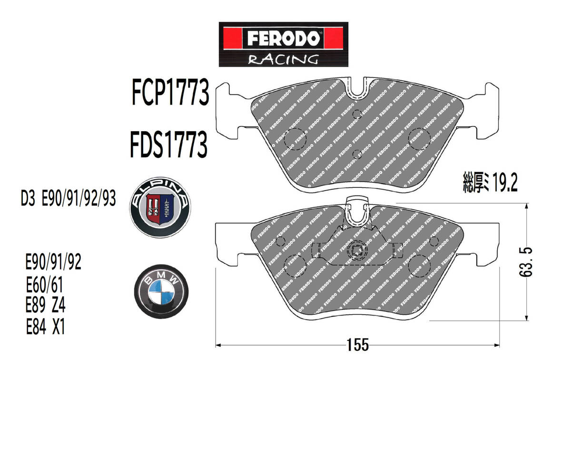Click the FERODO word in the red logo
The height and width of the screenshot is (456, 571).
[284, 39]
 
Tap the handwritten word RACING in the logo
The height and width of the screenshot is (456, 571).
[283, 59]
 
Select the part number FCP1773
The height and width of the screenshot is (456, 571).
[170, 92]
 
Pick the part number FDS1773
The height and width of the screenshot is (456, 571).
[169, 145]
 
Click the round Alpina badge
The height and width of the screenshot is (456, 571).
[160, 207]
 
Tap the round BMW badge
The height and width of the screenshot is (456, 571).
[161, 291]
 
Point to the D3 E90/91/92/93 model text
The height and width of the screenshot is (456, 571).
[69, 199]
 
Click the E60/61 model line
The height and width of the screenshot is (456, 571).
[45, 285]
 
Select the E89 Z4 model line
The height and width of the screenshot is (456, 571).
[45, 305]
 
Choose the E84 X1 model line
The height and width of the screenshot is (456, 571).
[45, 327]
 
